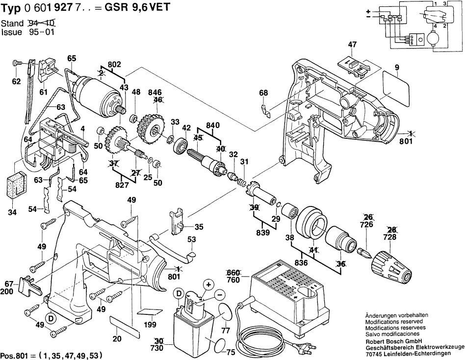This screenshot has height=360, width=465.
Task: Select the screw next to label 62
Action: (16, 63)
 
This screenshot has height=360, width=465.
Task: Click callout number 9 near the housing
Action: (396, 67)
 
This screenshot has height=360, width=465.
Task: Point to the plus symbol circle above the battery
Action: (208, 284)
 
